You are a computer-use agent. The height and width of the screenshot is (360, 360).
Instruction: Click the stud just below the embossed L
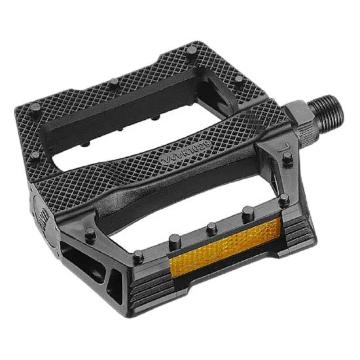[287, 156]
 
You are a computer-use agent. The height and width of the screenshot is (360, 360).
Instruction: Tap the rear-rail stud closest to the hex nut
[249, 79]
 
